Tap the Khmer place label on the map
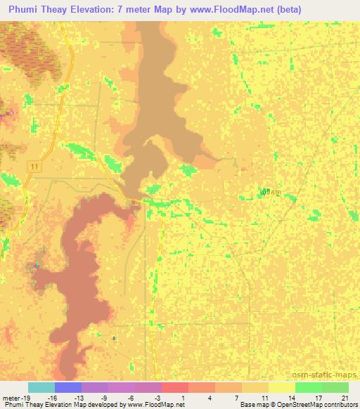(x=269, y=192)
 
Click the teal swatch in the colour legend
(x=41, y=387)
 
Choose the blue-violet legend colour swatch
(x=67, y=387)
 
